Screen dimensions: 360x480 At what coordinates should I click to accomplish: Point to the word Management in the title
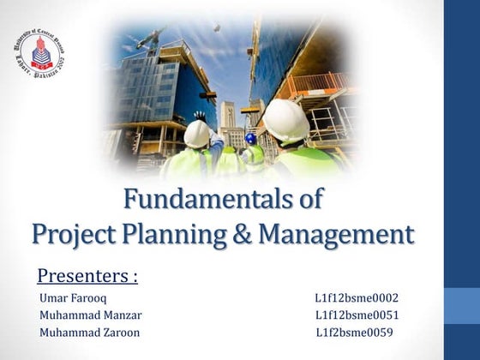(x=336, y=233)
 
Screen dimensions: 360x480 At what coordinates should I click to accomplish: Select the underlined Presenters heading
(x=87, y=276)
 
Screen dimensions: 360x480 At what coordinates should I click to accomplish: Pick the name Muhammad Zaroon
(x=89, y=333)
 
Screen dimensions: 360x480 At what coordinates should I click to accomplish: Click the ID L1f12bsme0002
(x=357, y=298)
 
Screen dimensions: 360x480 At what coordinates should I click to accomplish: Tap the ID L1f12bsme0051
(x=357, y=315)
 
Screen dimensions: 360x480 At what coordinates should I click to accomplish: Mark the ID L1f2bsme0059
(x=355, y=333)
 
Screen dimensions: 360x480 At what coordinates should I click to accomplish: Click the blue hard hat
(x=251, y=137)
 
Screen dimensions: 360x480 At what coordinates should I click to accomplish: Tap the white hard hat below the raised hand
(x=197, y=134)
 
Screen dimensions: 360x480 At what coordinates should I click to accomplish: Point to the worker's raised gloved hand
(x=200, y=115)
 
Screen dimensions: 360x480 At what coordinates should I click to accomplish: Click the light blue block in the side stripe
(x=462, y=305)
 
